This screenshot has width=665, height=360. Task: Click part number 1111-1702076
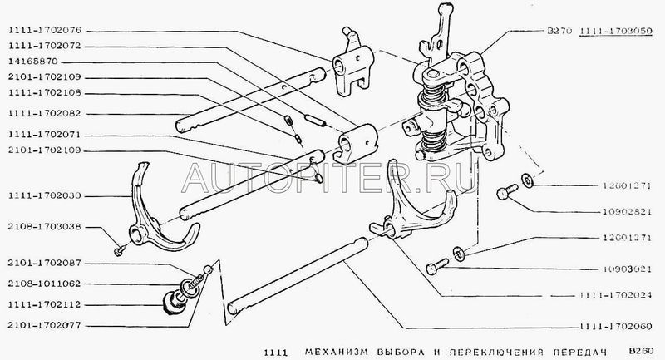pyautogui.click(x=45, y=31)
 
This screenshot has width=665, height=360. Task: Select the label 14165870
pyautogui.click(x=32, y=61)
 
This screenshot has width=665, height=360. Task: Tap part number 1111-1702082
pyautogui.click(x=45, y=114)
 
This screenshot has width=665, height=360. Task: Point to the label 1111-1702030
pyautogui.click(x=45, y=196)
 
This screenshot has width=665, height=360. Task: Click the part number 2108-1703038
pyautogui.click(x=45, y=227)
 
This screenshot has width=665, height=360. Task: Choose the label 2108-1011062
pyautogui.click(x=45, y=284)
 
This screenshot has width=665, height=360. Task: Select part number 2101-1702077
pyautogui.click(x=45, y=326)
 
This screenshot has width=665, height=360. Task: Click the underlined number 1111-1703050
pyautogui.click(x=616, y=31)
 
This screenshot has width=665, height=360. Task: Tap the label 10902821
pyautogui.click(x=627, y=211)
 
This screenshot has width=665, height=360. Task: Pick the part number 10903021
pyautogui.click(x=627, y=269)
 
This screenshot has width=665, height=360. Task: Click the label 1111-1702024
pyautogui.click(x=616, y=295)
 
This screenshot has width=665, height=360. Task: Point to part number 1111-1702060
pyautogui.click(x=616, y=326)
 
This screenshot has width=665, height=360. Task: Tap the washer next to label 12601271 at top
pyautogui.click(x=528, y=180)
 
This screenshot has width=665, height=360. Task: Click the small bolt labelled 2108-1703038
pyautogui.click(x=120, y=249)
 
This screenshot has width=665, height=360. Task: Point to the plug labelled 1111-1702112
pyautogui.click(x=174, y=303)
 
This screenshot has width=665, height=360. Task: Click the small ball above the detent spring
pyautogui.click(x=208, y=269)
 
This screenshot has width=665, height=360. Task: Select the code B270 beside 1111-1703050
pyautogui.click(x=559, y=31)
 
